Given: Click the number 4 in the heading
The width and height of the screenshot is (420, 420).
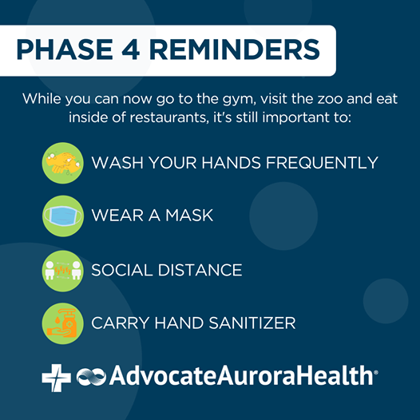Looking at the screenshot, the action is pyautogui.click(x=130, y=50).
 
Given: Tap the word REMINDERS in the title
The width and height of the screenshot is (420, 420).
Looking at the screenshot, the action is pyautogui.click(x=235, y=50).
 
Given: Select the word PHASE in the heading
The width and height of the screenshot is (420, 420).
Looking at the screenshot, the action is pyautogui.click(x=65, y=50).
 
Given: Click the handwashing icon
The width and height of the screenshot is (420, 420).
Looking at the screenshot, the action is pyautogui.click(x=62, y=163).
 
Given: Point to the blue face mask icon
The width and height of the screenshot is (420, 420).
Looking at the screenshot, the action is pyautogui.click(x=62, y=216).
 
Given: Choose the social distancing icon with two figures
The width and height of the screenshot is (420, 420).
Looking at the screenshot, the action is pyautogui.click(x=62, y=271).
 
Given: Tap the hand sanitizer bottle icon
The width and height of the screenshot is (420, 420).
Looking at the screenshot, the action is pyautogui.click(x=62, y=323).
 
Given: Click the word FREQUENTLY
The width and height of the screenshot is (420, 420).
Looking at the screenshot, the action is pyautogui.click(x=322, y=163).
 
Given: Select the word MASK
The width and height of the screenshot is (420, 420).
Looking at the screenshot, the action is pyautogui.click(x=189, y=216).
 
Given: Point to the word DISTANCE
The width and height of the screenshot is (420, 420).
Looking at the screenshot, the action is pyautogui.click(x=200, y=270).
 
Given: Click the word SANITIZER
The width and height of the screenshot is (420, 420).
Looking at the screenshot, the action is pyautogui.click(x=252, y=323).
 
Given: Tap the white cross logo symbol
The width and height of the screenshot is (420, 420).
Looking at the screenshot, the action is pyautogui.click(x=57, y=378).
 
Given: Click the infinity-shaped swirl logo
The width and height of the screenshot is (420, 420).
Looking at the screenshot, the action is pyautogui.click(x=91, y=377).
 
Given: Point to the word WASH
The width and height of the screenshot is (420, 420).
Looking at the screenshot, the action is pyautogui.click(x=117, y=163).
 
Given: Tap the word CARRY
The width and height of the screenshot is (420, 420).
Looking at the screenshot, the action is pyautogui.click(x=121, y=323).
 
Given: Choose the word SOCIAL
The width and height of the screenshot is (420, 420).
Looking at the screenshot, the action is pyautogui.click(x=122, y=270).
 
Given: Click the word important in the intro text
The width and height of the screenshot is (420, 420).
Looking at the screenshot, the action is pyautogui.click(x=295, y=118).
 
